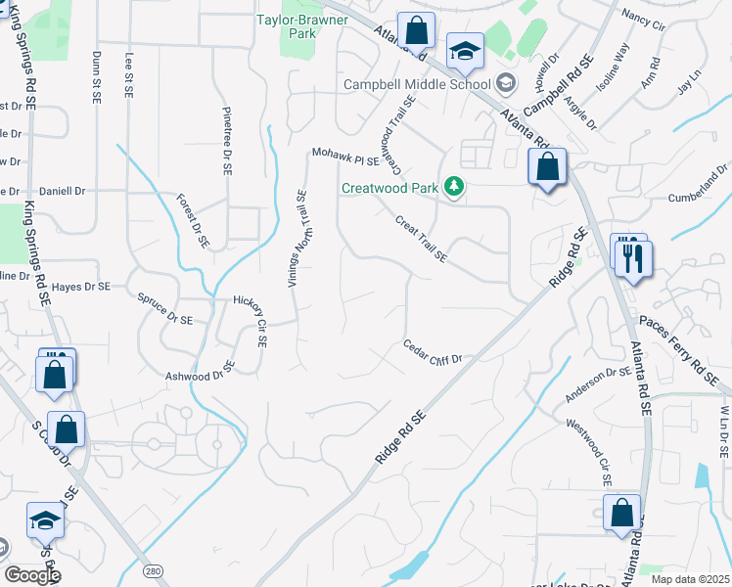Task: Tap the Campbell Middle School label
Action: [416, 84]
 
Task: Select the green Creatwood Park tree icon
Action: [453, 186]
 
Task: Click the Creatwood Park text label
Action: [389, 188]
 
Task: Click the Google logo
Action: [31, 575]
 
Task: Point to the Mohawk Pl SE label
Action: [344, 155]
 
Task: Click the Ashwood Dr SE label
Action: [201, 372]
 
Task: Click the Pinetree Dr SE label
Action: [226, 141]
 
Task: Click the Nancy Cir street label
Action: [642, 20]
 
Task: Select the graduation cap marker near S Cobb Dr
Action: [46, 519]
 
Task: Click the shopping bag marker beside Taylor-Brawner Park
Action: [417, 31]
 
